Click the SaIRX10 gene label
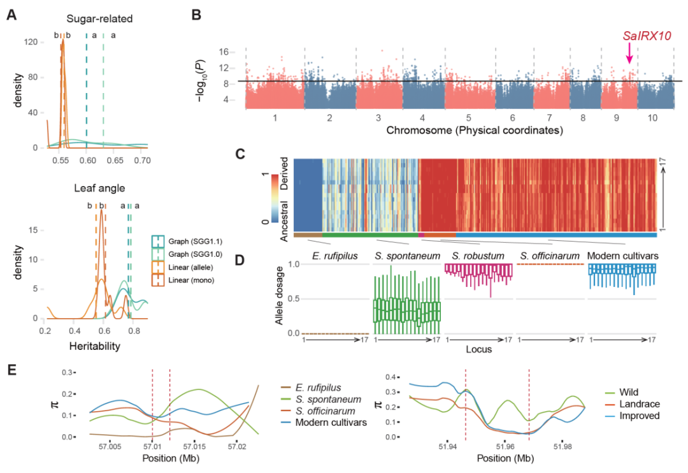647,36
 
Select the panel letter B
197,15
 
